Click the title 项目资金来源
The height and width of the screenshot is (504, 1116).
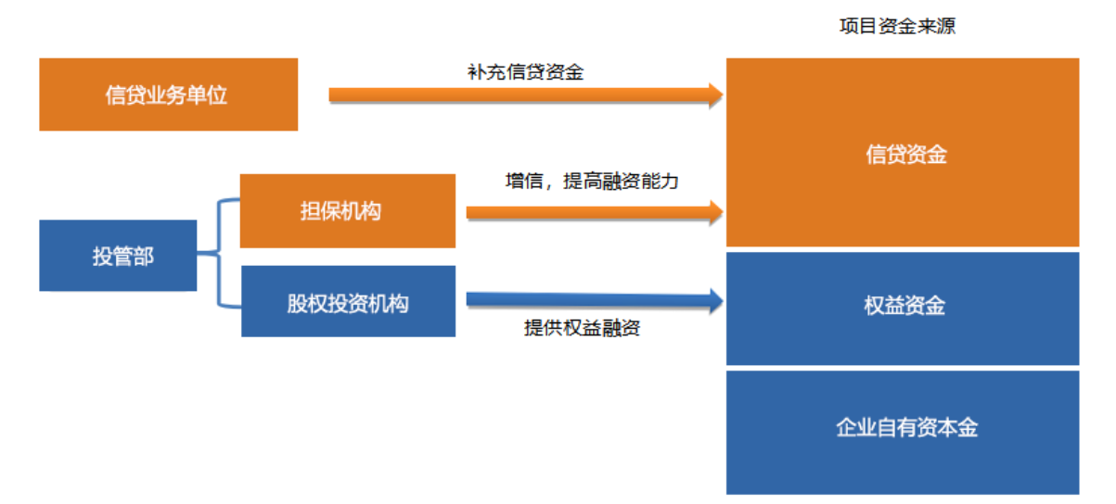pyautogui.click(x=897, y=26)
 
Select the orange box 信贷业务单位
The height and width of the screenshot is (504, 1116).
pyautogui.click(x=169, y=94)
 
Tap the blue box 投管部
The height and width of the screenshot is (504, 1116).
pyautogui.click(x=118, y=255)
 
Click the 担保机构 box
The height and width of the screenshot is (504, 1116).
pyautogui.click(x=348, y=211)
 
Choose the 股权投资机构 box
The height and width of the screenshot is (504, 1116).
pyautogui.click(x=348, y=301)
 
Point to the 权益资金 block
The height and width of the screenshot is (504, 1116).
pyautogui.click(x=903, y=309)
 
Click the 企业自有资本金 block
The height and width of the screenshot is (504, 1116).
pyautogui.click(x=903, y=433)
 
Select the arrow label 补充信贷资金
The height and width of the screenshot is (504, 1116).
pyautogui.click(x=526, y=72)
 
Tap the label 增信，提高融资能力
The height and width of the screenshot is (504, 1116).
pyautogui.click(x=592, y=181)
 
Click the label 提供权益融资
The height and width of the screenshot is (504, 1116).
pyautogui.click(x=582, y=328)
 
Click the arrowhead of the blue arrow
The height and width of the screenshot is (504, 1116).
pyautogui.click(x=717, y=301)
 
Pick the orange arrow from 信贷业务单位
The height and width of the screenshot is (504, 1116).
pyautogui.click(x=526, y=95)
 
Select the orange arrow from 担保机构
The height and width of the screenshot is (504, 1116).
pyautogui.click(x=595, y=213)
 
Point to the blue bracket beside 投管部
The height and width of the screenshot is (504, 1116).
pyautogui.click(x=218, y=253)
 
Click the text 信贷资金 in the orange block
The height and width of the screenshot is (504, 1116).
pyautogui.click(x=906, y=154)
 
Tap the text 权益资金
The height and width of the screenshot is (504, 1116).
pyautogui.click(x=904, y=306)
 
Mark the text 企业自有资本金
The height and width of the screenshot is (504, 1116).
pyautogui.click(x=906, y=427)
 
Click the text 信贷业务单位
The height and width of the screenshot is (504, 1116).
pyautogui.click(x=166, y=95)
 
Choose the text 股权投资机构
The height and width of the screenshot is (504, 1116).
pyautogui.click(x=348, y=304)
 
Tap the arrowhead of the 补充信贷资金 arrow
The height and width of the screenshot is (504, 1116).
pyautogui.click(x=717, y=95)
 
